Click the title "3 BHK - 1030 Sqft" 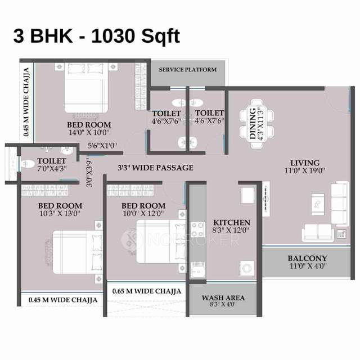(x=96, y=37)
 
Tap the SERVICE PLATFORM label (x=187, y=70)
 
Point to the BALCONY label (x=307, y=259)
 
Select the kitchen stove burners (x=198, y=230)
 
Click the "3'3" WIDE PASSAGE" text (x=155, y=168)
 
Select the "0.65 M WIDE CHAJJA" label (x=146, y=291)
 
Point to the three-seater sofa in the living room (x=339, y=197)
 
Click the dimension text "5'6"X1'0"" (x=102, y=146)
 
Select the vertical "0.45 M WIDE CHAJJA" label (x=26, y=102)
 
